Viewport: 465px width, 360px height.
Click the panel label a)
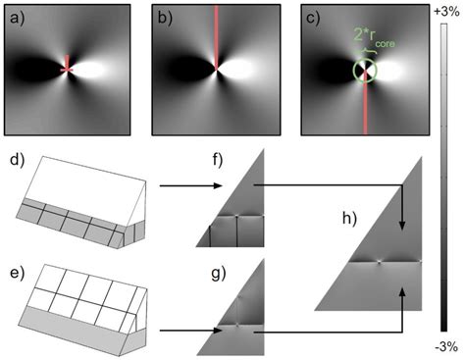pyautogui.click(x=15, y=16)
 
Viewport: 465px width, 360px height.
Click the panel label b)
pyautogui.click(x=160, y=16)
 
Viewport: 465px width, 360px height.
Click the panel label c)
pyautogui.click(x=302, y=16)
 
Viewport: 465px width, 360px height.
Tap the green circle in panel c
pyautogui.click(x=364, y=70)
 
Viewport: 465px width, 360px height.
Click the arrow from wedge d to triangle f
pyautogui.click(x=186, y=182)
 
